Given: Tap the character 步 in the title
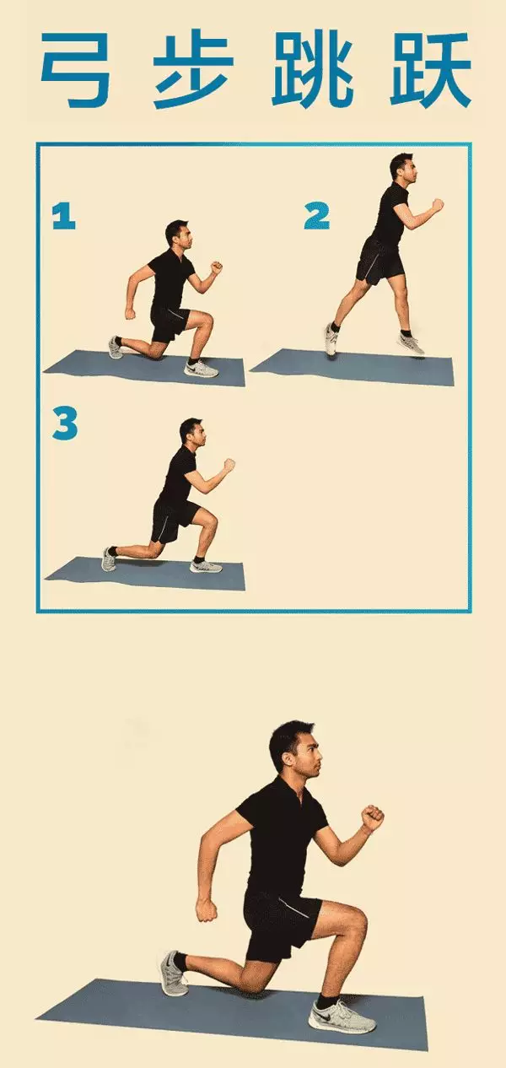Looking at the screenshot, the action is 193,70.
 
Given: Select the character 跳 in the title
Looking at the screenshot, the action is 312,70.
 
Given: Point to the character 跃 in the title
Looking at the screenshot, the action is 431,70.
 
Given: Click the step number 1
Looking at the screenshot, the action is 64,216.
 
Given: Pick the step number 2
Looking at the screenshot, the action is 317,215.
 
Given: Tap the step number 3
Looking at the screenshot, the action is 65,423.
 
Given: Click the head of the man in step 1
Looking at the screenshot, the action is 179,235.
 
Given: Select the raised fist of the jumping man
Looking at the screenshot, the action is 437,205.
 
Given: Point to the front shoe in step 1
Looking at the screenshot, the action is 201,369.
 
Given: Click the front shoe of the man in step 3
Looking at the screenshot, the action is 206,566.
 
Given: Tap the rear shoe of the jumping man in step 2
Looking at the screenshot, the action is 332,339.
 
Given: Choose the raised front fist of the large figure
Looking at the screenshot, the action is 372,817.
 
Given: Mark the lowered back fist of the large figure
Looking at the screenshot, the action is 207,911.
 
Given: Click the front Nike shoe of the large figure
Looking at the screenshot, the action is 342,1017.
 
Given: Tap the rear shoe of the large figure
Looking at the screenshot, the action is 174,973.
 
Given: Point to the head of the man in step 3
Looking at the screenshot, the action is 192,433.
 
